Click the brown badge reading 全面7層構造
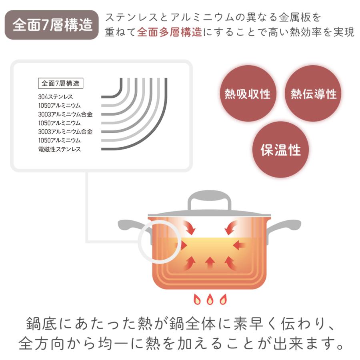pos(52,25)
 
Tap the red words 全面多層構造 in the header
pos(169,32)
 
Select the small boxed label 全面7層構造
pos(60,83)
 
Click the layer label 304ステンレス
pos(56,97)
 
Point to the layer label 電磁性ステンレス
pos(60,149)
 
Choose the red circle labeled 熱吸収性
pos(248,94)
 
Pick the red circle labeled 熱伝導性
pos(313,94)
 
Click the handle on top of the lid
pos(210,200)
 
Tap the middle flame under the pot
pos(210,299)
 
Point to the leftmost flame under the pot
pos(197,299)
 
